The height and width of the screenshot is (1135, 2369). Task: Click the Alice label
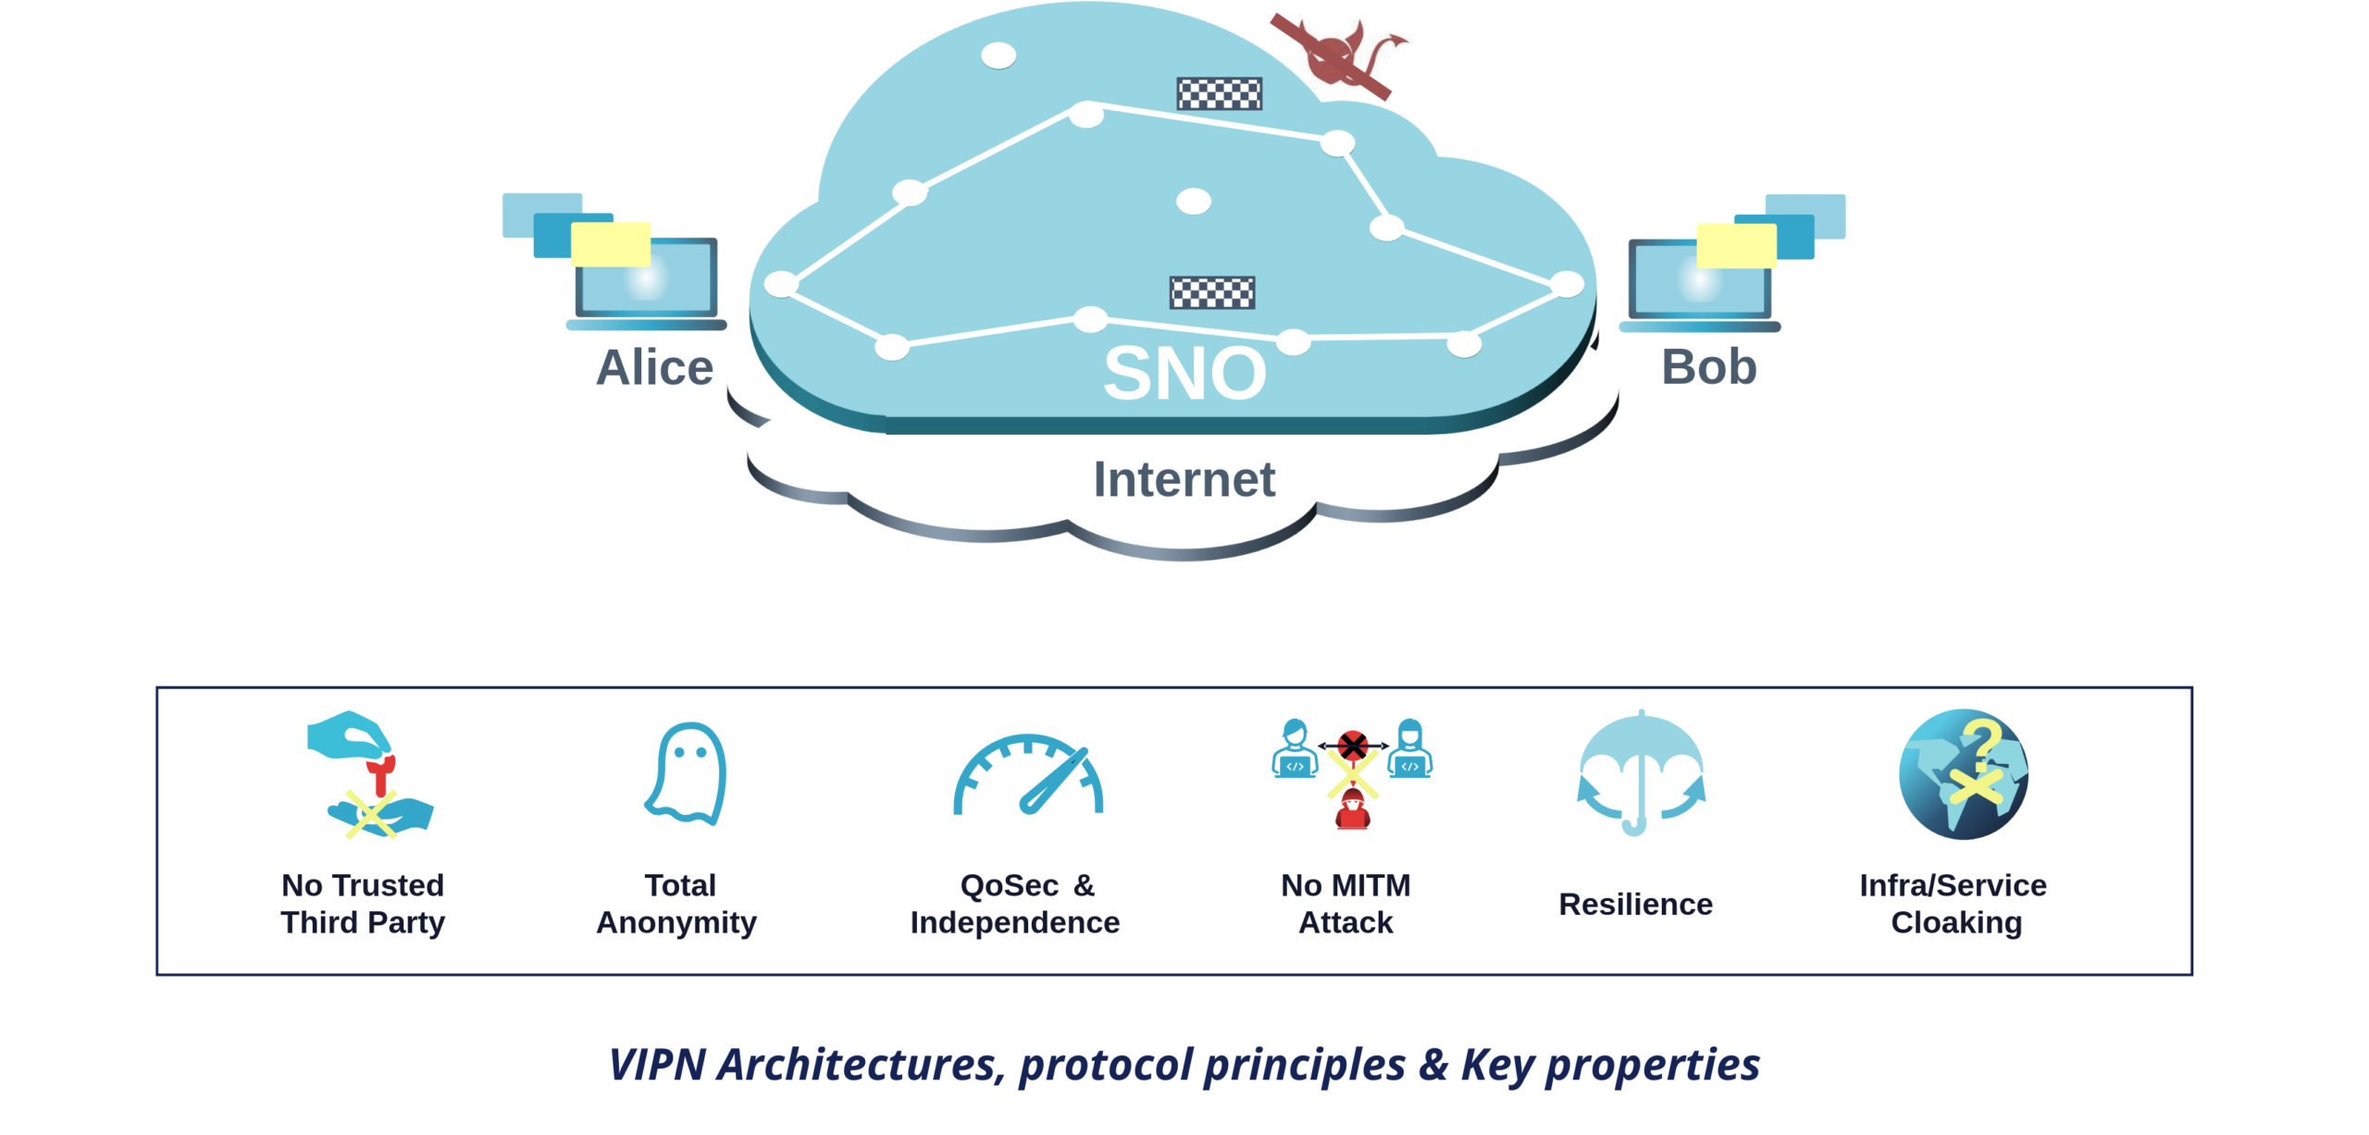(654, 367)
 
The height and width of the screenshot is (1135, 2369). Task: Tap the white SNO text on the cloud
(1184, 373)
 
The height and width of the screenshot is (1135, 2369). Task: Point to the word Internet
(1184, 479)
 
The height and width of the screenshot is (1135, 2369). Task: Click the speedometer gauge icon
(1028, 775)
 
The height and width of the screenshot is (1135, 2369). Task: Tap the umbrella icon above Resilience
(1641, 773)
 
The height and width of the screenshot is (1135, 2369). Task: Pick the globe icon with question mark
(1963, 773)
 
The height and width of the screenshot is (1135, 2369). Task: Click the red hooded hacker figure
(1352, 810)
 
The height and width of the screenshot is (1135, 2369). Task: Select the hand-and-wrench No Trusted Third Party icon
(369, 774)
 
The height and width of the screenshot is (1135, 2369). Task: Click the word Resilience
(1635, 904)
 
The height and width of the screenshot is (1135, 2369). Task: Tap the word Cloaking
(1956, 922)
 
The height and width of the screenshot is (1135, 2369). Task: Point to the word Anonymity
(676, 922)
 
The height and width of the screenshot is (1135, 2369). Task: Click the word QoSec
(1009, 885)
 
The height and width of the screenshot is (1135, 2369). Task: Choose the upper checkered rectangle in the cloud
(1219, 93)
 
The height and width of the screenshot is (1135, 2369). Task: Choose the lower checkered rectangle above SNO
(1212, 292)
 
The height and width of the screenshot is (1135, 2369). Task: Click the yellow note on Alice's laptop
(611, 244)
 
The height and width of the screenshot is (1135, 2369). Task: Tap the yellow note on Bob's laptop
(1736, 245)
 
